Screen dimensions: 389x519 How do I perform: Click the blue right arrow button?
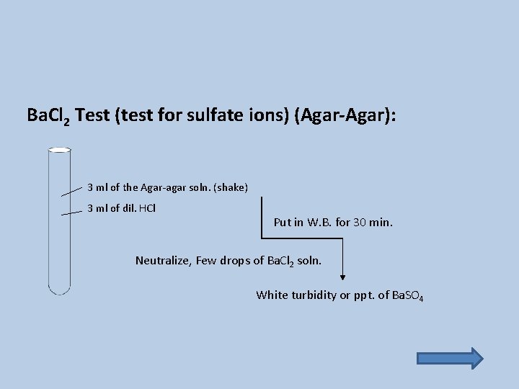click(x=450, y=358)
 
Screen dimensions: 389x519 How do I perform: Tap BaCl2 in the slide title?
click(x=48, y=115)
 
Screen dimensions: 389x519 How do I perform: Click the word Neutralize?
click(x=164, y=260)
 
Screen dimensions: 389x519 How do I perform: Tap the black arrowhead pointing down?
click(x=342, y=276)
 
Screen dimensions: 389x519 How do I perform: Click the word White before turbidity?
click(x=272, y=295)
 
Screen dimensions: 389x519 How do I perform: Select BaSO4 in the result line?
click(x=407, y=295)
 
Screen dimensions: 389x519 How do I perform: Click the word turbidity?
click(x=314, y=295)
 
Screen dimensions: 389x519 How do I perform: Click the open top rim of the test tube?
click(x=59, y=150)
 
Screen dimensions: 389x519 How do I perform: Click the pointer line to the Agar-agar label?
click(x=71, y=190)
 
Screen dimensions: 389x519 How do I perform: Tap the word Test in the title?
click(x=92, y=115)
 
